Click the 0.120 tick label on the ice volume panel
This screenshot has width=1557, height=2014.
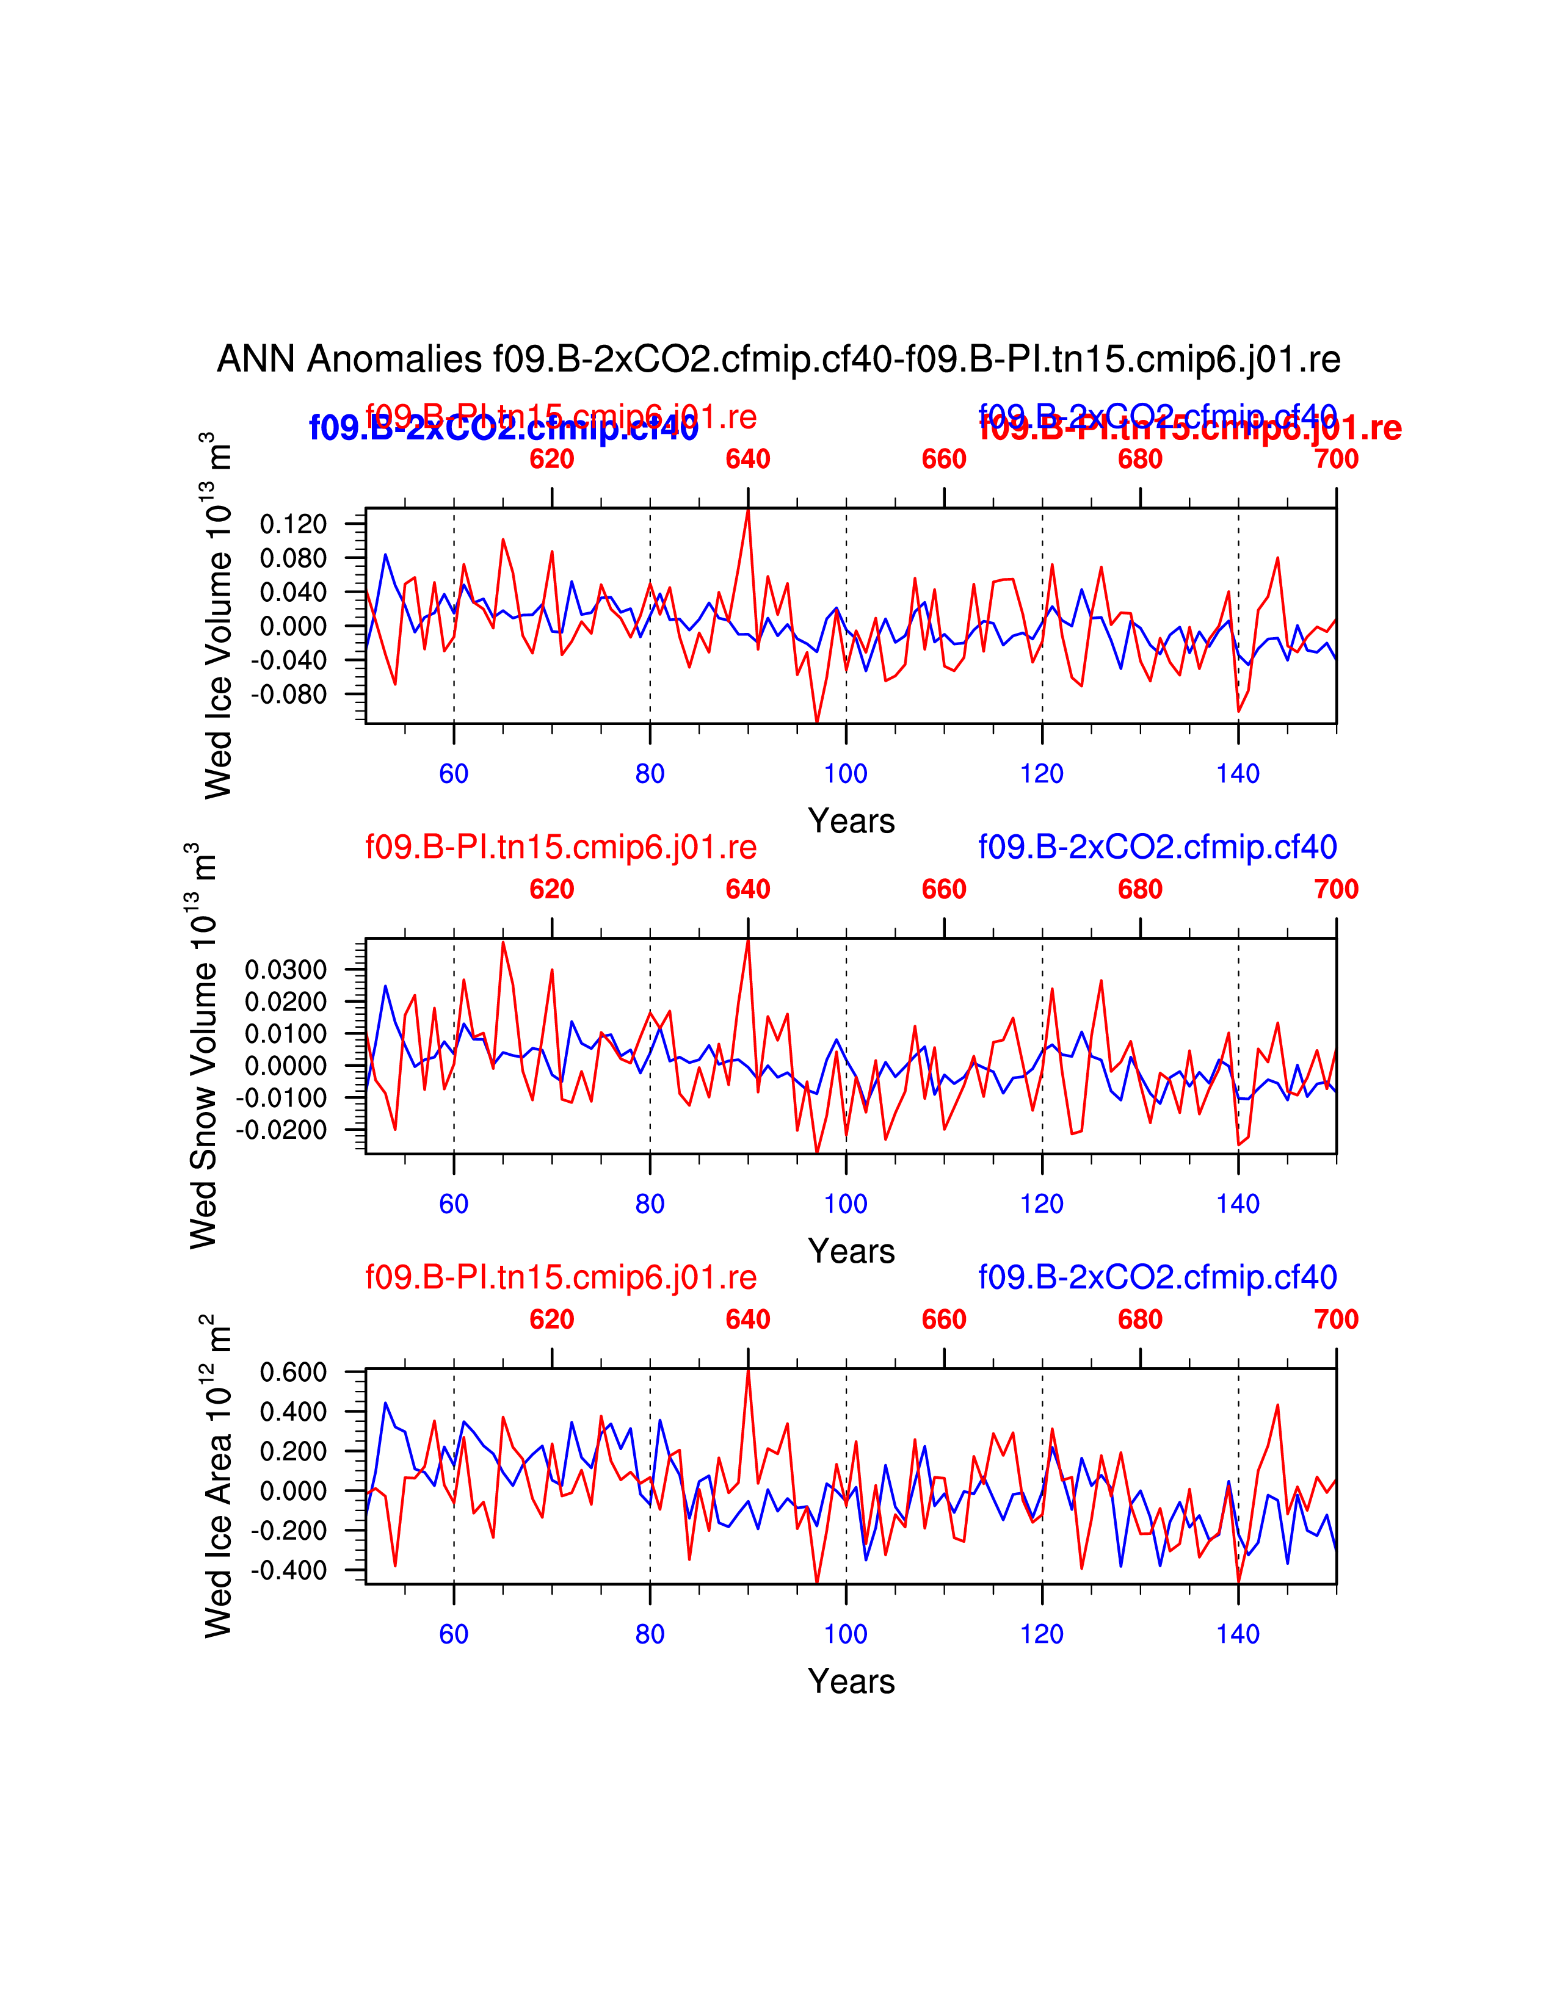[293, 524]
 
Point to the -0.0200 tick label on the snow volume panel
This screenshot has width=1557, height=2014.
[281, 1130]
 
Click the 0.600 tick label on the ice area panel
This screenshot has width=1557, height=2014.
[293, 1372]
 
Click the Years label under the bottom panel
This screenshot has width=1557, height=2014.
[851, 1681]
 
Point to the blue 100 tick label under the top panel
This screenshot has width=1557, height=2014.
[846, 774]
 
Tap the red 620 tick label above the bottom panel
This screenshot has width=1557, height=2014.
[551, 1319]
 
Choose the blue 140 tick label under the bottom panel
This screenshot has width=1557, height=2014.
[1238, 1634]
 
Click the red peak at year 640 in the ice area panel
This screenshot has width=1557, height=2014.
[748, 1371]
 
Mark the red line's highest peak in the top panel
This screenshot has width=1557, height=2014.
[748, 510]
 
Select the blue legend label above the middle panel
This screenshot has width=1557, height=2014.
[1158, 846]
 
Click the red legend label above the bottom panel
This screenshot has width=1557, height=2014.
[561, 1277]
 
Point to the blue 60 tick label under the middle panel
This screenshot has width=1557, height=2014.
[454, 1204]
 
